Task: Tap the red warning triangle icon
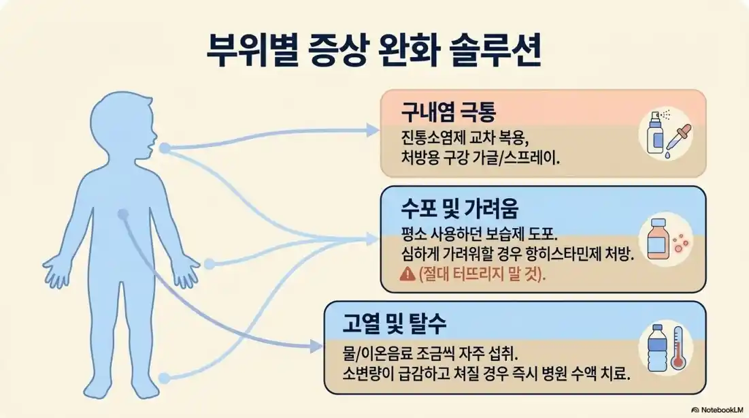tap(407, 274)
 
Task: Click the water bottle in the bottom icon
tap(657, 348)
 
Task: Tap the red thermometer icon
tap(678, 348)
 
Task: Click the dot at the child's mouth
tap(164, 147)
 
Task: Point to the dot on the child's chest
tap(122, 214)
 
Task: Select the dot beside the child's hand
tap(210, 263)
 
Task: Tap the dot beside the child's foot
tap(163, 376)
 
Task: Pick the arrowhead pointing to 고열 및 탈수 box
tap(316, 346)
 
